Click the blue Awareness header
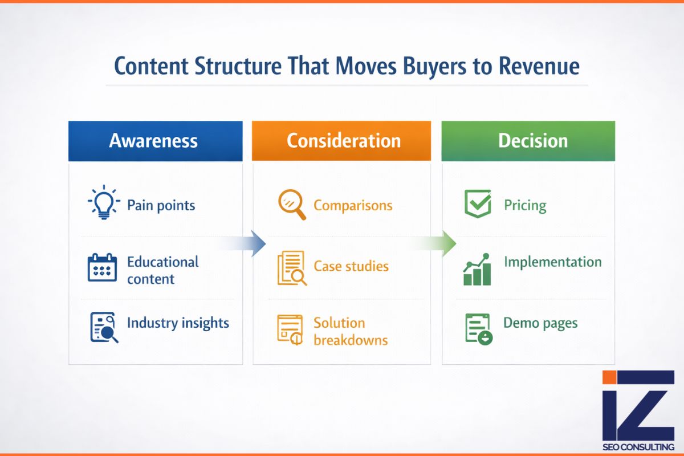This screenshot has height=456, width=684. tap(154, 141)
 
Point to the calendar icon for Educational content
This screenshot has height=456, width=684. tap(102, 268)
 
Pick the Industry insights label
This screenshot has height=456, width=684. tap(178, 323)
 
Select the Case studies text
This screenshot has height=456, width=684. tap(351, 266)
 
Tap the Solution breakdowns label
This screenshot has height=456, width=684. tap(350, 331)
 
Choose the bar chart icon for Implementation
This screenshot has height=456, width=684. tap(477, 270)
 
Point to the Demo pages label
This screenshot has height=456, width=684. tap(540, 324)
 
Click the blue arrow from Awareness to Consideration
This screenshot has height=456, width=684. tap(245, 244)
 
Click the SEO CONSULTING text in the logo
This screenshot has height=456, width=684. tap(638, 447)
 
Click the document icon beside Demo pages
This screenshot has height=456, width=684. tap(478, 328)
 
